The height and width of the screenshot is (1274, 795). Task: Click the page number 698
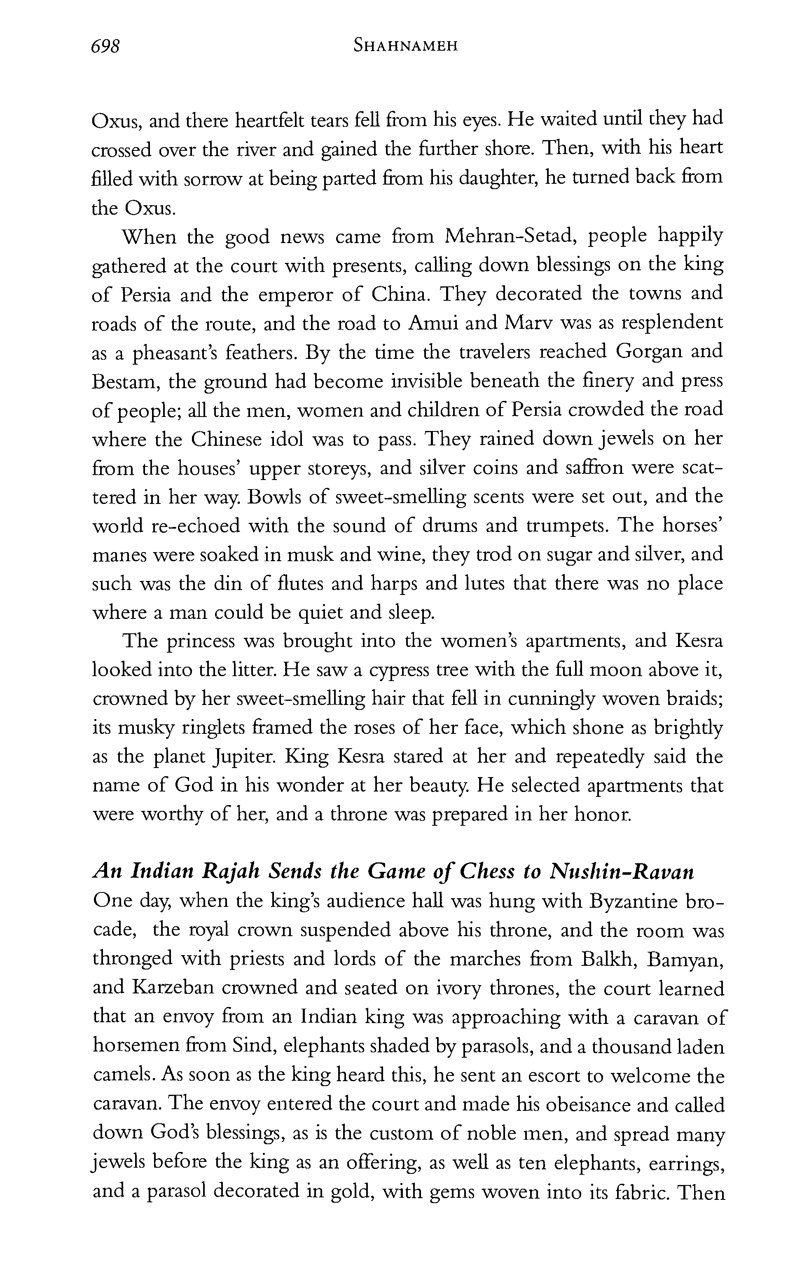(x=106, y=47)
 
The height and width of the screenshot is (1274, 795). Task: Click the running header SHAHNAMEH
(x=405, y=47)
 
